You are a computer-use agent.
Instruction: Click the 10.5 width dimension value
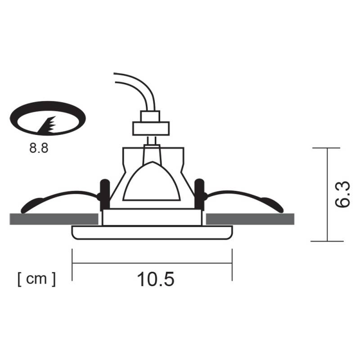(155, 279)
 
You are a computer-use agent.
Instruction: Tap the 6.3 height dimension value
(343, 194)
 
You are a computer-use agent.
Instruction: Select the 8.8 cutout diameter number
(39, 148)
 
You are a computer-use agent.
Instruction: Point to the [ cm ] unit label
(37, 279)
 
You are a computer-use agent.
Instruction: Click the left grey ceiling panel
(54, 219)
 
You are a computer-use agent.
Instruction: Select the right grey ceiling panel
(250, 219)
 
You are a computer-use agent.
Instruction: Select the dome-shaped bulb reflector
(152, 182)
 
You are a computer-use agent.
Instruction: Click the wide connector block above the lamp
(150, 128)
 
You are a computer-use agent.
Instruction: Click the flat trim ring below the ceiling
(152, 233)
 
